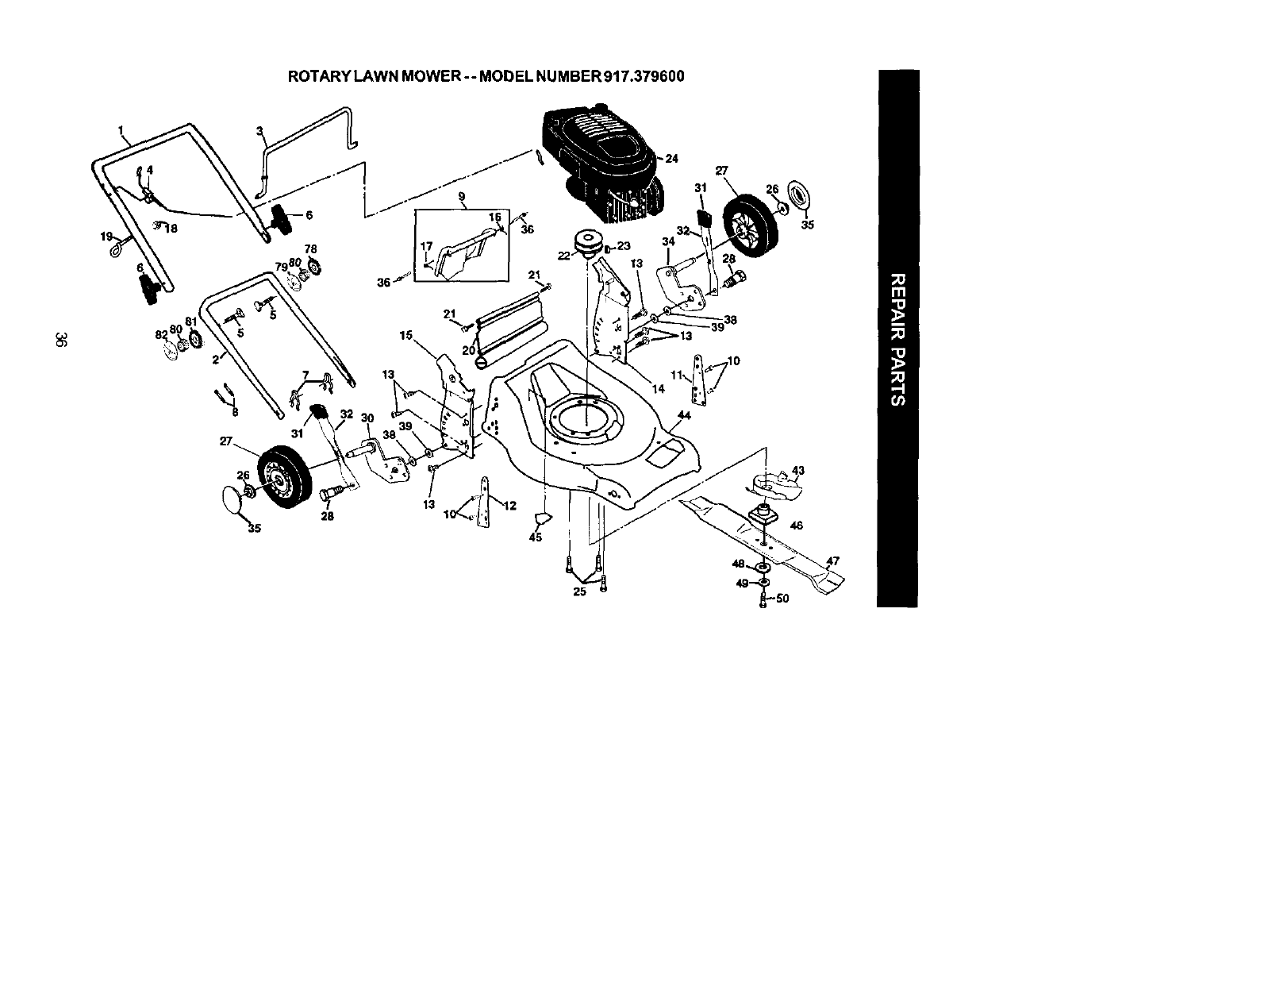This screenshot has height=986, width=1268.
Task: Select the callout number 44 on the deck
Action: click(x=684, y=415)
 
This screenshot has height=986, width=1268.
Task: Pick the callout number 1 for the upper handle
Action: click(x=121, y=129)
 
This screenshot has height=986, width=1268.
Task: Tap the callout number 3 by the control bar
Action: click(x=259, y=131)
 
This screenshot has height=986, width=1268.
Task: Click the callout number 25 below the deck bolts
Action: click(x=580, y=592)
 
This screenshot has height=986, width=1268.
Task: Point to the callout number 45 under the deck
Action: click(x=535, y=537)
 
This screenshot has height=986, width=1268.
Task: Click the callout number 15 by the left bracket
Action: click(x=405, y=336)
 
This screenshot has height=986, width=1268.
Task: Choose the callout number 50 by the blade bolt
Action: click(x=782, y=599)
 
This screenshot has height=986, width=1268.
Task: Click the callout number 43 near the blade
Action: click(x=798, y=471)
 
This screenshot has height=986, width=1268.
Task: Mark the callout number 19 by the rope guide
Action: click(x=106, y=236)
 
